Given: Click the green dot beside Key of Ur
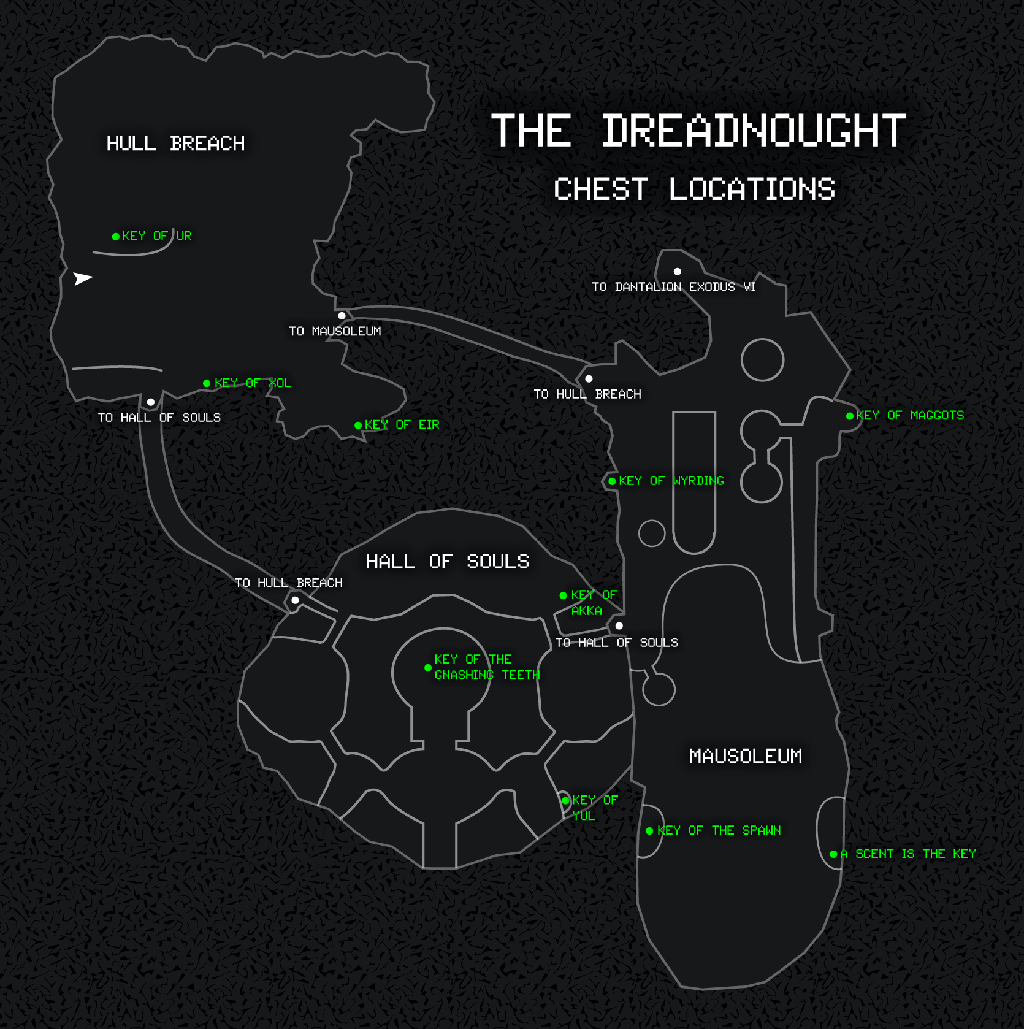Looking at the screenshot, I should coord(116,236).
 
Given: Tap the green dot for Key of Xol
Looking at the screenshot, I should coord(207,383).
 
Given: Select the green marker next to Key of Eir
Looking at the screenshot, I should coord(358,425).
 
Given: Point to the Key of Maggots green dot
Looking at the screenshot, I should coord(850,416).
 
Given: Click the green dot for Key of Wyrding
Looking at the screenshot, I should coord(612,481).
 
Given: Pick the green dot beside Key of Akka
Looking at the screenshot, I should coord(563,595).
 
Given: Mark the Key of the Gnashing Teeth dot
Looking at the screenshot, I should coord(428,668).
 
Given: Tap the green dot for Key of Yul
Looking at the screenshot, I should coord(565,800).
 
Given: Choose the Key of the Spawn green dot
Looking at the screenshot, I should coord(649,831).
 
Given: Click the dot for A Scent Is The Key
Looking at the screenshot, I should coord(833,854).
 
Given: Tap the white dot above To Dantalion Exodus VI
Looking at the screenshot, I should coord(678,272).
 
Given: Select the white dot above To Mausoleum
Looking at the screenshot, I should coord(342,316).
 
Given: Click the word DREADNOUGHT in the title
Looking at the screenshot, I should coord(754,131).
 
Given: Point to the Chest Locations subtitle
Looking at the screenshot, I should coord(694,189).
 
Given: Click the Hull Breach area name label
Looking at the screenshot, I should coord(175,143).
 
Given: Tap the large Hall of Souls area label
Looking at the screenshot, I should coord(447,561).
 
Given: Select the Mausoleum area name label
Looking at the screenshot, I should coord(746,756).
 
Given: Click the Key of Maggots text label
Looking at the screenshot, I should coord(910,415).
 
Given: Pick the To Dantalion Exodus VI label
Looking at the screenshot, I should coord(673,287).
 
